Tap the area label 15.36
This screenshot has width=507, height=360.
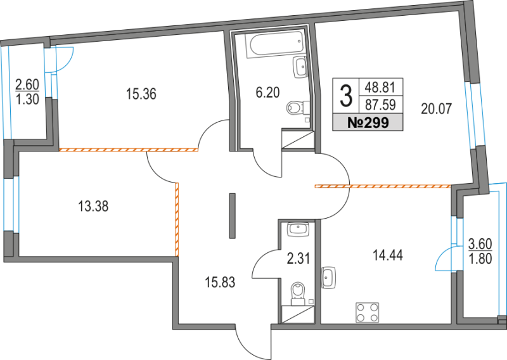coord(141,95)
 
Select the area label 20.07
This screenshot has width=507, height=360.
coord(436,108)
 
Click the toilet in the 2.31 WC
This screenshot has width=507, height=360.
coord(297,293)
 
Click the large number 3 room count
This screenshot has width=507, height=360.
coord(346,96)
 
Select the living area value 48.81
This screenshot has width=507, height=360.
coord(378,87)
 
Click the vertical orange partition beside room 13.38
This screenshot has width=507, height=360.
coord(177,219)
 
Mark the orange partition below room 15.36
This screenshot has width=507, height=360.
coord(128,150)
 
